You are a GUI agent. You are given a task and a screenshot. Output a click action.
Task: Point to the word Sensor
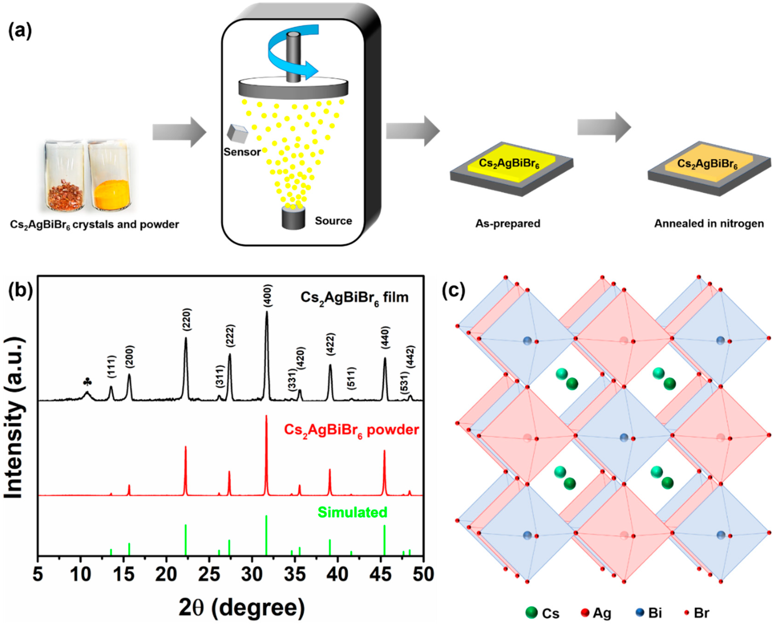pos(242,152)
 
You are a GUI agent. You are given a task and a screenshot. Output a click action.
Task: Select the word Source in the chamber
pos(333,221)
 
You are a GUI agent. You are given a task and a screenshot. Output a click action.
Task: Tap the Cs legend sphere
pos(531,612)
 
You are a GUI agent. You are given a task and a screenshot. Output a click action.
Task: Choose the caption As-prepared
pos(508,224)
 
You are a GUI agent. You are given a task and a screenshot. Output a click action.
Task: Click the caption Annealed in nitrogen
pos(709,224)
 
